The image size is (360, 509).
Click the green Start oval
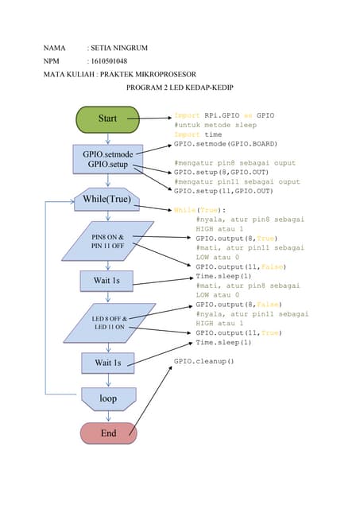coord(107,119)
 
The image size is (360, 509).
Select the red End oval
coord(108,433)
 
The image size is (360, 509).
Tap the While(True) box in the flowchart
coord(107,198)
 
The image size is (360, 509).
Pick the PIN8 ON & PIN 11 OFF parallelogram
coord(107,242)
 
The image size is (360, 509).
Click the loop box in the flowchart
coord(108,397)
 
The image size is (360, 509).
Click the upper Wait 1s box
coord(107,281)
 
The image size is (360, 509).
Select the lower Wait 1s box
coord(108,363)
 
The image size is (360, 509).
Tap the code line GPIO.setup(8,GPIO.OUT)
coord(223,172)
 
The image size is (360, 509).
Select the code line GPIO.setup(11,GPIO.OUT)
coord(223,191)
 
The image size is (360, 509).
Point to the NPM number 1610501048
coord(110,61)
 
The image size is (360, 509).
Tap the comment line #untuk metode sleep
coord(215,125)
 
